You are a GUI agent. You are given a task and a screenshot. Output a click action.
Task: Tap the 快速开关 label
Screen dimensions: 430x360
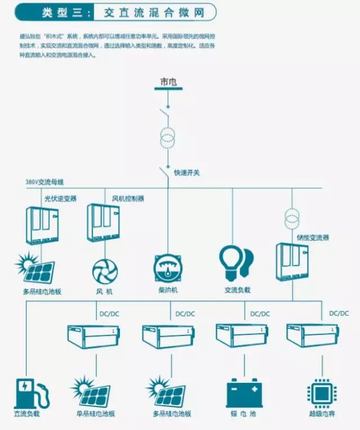coord(187,173)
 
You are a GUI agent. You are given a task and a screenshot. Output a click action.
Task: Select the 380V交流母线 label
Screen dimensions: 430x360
coord(45,182)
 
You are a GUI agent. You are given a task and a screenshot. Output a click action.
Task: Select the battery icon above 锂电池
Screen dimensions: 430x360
coord(245,392)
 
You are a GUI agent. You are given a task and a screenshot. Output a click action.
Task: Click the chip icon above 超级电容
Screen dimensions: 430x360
coord(321,392)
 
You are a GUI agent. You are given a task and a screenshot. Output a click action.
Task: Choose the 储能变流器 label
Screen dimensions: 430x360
coord(314,238)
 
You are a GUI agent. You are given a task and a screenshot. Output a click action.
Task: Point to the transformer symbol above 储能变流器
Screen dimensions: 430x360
coord(291,216)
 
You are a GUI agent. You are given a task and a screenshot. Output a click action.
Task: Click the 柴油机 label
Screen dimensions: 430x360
coord(168,290)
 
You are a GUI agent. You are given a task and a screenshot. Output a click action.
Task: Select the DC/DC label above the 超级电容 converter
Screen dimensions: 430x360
coord(339,313)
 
